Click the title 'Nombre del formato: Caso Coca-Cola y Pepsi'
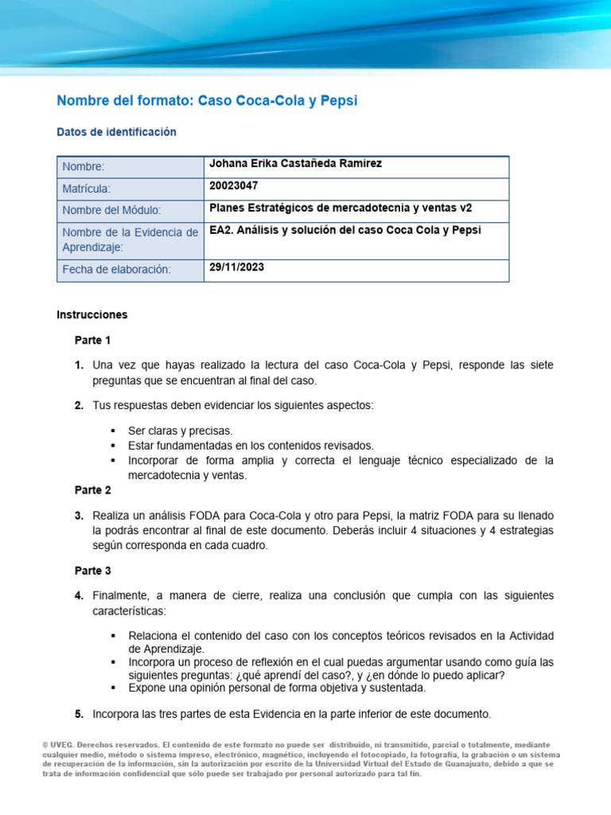(207, 100)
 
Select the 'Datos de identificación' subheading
(116, 132)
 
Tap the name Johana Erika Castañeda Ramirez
(284, 164)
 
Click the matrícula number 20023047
(233, 185)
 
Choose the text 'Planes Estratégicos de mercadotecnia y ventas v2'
(340, 208)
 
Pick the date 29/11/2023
(236, 267)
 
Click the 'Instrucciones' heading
(91, 314)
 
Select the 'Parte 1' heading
(92, 341)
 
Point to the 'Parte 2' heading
(92, 490)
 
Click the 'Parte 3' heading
(92, 571)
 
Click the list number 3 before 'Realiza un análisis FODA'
(79, 516)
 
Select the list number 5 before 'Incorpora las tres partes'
(79, 713)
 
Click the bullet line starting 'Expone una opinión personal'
(276, 688)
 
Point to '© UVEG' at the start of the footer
(60, 745)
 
